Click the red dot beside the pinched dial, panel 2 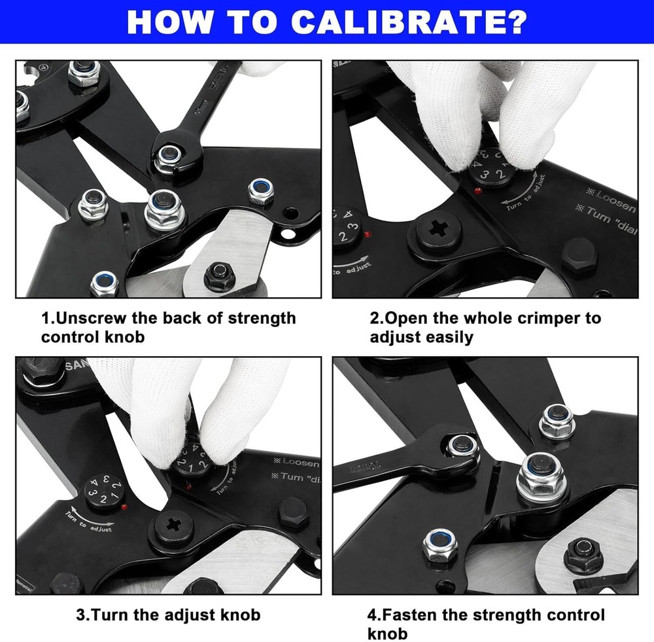[477, 190]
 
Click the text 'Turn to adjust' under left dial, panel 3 [92, 522]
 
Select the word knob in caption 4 [388, 633]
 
